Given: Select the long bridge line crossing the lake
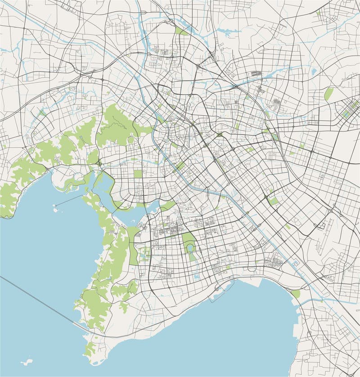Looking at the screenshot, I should click(x=40, y=301).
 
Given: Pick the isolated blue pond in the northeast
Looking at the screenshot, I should click(x=313, y=72).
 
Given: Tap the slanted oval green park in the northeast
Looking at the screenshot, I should click(x=328, y=94).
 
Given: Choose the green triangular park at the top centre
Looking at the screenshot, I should click(x=181, y=31).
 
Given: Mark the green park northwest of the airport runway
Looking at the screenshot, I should click(x=288, y=227).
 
